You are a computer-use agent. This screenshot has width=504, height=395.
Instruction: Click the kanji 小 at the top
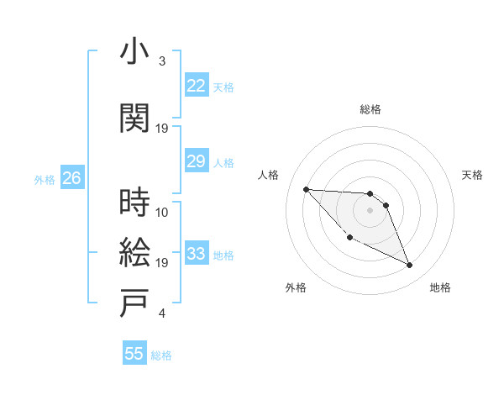135,53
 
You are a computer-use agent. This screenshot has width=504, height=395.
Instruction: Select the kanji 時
135,202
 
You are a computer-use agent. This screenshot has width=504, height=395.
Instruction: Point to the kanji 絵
135,252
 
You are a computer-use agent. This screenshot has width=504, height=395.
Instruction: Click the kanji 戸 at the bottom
135,303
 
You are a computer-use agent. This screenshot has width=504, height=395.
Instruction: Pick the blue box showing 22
197,87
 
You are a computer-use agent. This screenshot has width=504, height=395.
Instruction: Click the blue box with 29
197,161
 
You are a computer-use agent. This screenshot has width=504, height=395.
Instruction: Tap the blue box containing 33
197,255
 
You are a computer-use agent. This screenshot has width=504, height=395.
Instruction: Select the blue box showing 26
71,178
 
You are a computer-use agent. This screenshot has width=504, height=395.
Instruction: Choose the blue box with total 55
134,354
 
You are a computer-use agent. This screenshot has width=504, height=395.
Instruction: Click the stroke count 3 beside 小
161,62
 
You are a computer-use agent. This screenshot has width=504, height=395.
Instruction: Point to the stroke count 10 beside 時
162,212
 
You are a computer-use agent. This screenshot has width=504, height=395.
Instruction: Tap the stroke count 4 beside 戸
161,314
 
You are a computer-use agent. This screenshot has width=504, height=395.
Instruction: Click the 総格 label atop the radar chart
370,109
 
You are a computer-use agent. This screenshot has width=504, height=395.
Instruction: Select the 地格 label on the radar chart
440,287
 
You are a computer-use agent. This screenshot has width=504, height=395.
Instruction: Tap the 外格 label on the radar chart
296,287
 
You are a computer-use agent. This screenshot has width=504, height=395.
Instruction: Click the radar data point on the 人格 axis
306,189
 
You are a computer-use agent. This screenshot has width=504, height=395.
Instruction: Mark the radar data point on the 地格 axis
410,266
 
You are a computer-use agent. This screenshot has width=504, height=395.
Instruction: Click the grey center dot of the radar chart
370,210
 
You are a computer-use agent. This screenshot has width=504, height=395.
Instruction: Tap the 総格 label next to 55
162,355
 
